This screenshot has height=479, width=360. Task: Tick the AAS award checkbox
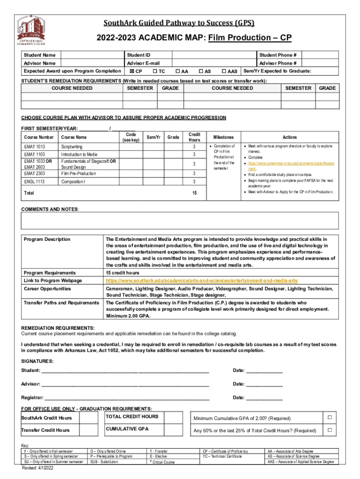pos(223,71)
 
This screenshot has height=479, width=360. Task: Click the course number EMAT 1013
pos(35,146)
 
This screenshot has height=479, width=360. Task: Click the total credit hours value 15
pos(194,193)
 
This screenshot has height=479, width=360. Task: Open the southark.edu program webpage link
pos(202,280)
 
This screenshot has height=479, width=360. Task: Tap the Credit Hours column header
pos(194,137)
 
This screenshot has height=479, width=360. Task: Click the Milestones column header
pos(223,137)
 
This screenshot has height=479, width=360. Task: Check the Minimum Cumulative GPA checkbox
pos(329,417)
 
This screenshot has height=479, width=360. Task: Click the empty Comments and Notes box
pos(180,220)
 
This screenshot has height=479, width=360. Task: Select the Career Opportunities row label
pos(47,289)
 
